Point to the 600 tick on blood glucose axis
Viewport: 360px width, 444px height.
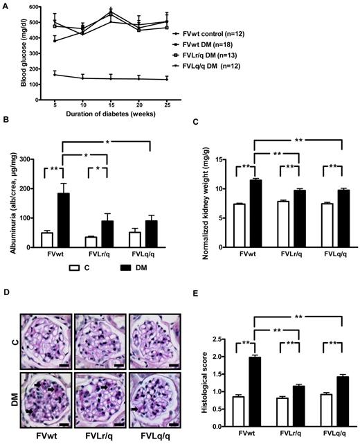click(x=39, y=6)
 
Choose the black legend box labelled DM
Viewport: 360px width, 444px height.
click(x=116, y=264)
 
